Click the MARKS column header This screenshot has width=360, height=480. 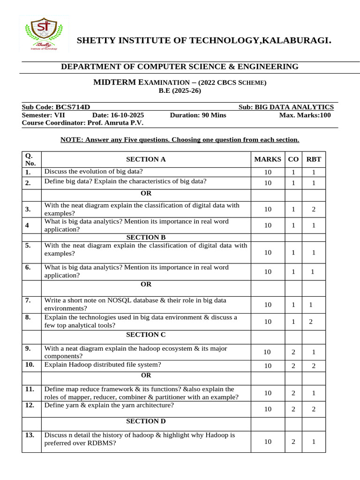268,159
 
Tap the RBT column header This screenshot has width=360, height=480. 314,159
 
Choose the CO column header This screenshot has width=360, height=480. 293,159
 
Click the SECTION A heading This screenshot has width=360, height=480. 146,159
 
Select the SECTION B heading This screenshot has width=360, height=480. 146,237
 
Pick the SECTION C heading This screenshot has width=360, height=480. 146,335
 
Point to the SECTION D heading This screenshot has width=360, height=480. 146,421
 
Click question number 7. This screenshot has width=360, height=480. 28,300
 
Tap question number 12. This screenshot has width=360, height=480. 30,405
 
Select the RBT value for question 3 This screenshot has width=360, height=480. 314,210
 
